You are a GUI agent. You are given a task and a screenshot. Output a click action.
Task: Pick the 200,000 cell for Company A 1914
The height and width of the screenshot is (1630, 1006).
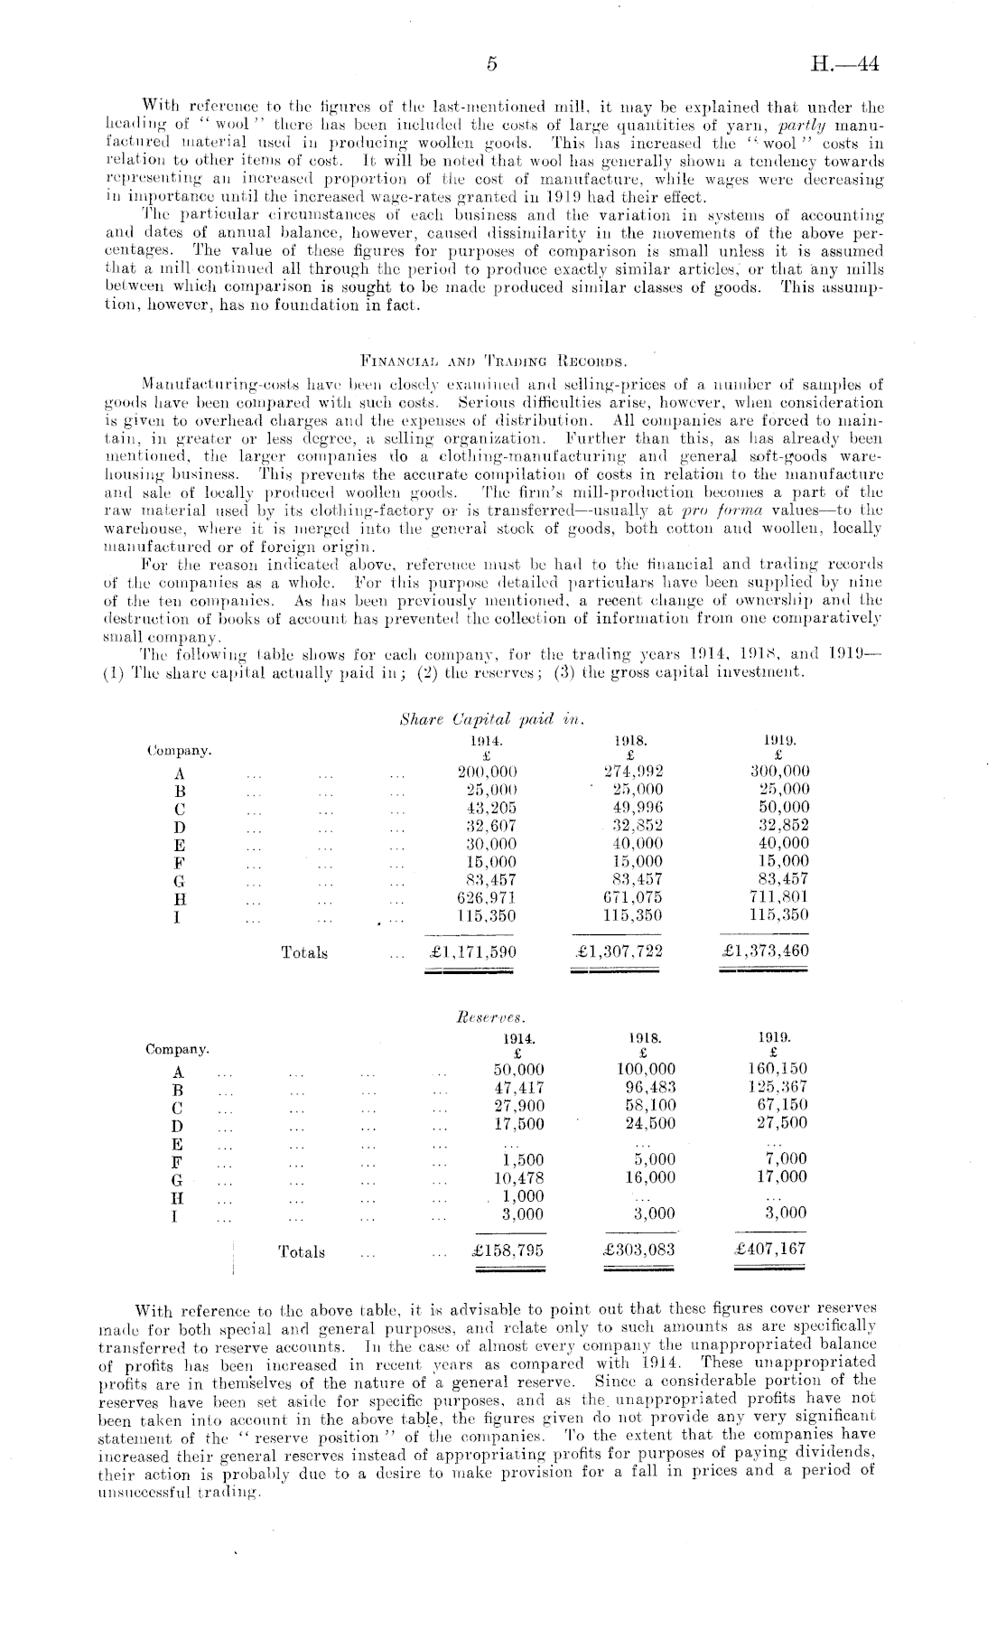point(488,772)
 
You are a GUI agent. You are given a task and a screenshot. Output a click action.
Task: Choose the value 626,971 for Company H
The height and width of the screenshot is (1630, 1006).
point(488,897)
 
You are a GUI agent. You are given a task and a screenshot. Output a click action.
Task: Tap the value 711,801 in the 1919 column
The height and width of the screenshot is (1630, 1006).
point(779,897)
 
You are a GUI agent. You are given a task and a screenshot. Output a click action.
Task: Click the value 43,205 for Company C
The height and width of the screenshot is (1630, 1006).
point(488,807)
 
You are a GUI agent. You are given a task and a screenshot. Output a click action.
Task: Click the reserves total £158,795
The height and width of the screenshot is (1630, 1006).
point(508,1251)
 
